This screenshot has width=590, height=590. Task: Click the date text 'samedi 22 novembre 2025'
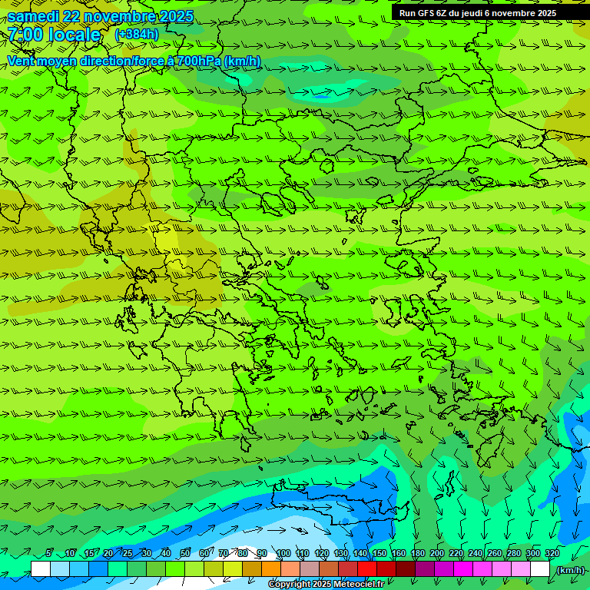tap(100, 16)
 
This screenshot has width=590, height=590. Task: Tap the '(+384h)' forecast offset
tap(137, 34)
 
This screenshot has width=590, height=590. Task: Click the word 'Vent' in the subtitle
tap(25, 61)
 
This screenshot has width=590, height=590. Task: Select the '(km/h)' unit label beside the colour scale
tap(570, 569)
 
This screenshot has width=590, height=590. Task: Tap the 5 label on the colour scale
tap(49, 553)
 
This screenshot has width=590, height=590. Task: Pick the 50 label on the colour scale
tap(185, 553)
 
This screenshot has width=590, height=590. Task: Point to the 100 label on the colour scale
tap(283, 553)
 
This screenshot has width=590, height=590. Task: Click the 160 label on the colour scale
tap(399, 553)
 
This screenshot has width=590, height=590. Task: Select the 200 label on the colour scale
tap(437, 553)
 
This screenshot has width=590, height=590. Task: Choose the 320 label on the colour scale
tap(552, 553)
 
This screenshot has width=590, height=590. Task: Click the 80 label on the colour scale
tap(243, 553)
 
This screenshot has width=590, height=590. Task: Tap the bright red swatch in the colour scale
tap(366, 569)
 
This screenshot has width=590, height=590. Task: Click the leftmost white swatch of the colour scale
tap(41, 569)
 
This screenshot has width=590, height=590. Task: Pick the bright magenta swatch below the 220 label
tap(462, 569)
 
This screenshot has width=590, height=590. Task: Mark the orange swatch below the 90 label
tap(270, 569)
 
